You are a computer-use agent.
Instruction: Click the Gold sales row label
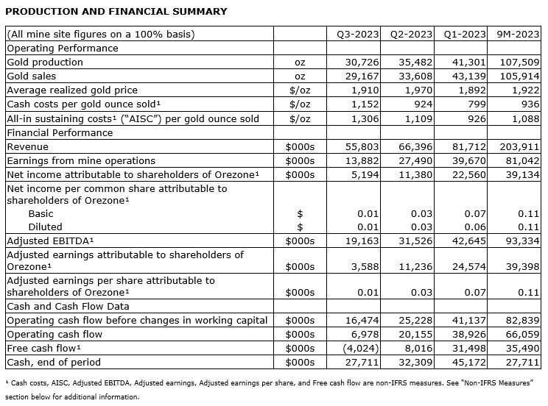(x=31, y=76)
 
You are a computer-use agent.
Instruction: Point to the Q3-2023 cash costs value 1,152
(x=362, y=104)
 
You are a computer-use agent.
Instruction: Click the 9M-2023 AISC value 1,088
(x=525, y=118)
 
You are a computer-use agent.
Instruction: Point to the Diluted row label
(x=45, y=227)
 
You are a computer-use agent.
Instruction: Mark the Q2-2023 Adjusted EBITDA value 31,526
(x=415, y=241)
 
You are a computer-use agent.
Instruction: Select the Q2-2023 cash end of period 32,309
(x=415, y=362)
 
